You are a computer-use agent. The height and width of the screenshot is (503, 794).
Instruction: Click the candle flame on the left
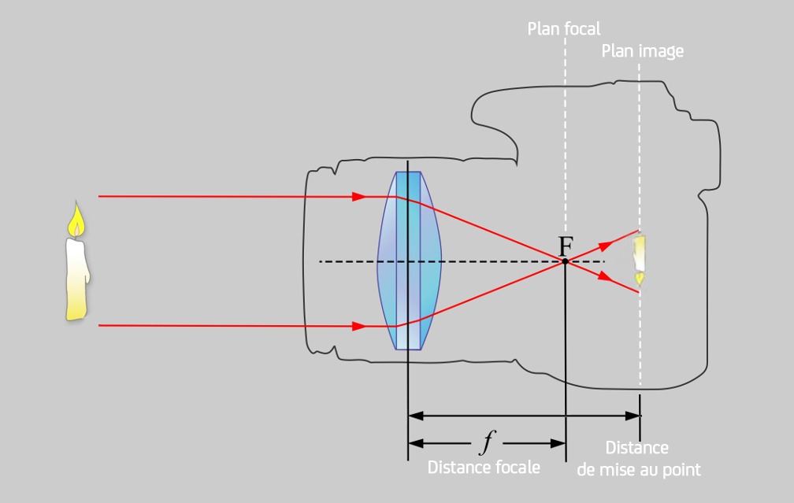[x=76, y=221]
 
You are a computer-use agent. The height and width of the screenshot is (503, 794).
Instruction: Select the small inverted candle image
[x=640, y=258]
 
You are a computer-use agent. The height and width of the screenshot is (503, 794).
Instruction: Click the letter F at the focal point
[x=566, y=246]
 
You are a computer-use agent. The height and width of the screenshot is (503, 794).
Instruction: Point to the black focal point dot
[x=566, y=261]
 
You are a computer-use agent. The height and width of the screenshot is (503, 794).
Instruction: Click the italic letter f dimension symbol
[x=486, y=443]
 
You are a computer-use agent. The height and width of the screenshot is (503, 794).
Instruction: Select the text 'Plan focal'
[x=564, y=29]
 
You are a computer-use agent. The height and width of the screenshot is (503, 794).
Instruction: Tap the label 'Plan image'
[x=642, y=51]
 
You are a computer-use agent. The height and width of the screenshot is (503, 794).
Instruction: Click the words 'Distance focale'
[x=484, y=467]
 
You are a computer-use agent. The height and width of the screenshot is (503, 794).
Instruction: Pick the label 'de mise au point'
[x=639, y=470]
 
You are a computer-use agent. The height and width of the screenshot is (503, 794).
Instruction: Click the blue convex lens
[x=409, y=261]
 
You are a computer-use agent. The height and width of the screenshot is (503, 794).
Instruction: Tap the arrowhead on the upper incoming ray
[x=358, y=196]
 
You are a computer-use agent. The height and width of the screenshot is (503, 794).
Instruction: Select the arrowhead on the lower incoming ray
[x=358, y=325]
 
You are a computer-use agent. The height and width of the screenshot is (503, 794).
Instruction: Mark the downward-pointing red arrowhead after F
[x=606, y=276]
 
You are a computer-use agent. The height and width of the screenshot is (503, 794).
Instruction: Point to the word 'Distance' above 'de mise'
[x=636, y=448]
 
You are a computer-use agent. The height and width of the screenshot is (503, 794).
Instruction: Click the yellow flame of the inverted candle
[x=640, y=277]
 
